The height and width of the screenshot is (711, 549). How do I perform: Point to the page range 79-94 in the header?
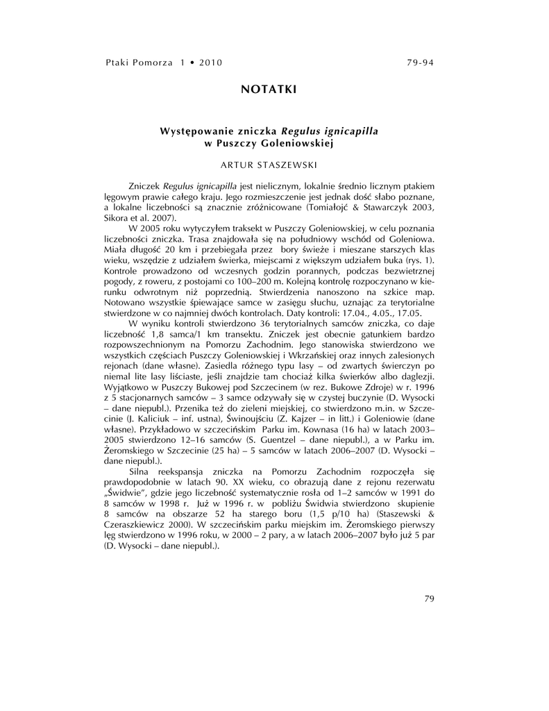point(420,62)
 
